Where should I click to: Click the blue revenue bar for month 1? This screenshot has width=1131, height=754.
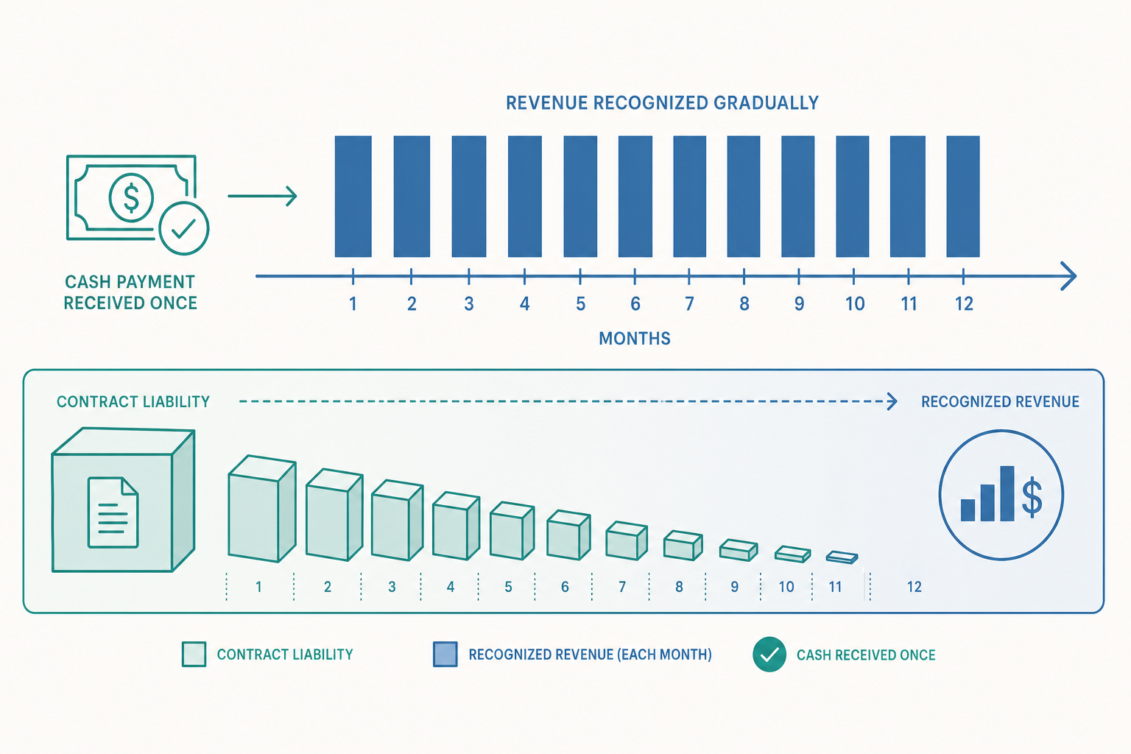[353, 197]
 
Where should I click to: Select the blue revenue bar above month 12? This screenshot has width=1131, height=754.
[963, 197]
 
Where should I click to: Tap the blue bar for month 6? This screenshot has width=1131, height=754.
[635, 197]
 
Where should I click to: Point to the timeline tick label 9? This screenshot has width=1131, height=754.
[799, 304]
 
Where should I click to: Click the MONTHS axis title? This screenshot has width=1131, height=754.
[634, 339]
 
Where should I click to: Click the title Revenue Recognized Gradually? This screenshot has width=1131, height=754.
[662, 103]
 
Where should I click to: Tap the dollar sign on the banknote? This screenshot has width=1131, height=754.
[131, 197]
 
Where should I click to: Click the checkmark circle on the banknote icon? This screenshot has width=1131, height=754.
[184, 228]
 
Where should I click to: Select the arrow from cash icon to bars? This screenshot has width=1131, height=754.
[262, 196]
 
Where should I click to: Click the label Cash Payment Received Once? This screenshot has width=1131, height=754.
[130, 292]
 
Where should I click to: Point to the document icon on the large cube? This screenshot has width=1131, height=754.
[113, 512]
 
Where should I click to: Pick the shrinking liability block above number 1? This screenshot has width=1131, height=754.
[261, 509]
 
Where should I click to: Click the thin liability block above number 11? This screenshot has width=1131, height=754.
[842, 557]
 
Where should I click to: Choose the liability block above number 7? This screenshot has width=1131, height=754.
[627, 541]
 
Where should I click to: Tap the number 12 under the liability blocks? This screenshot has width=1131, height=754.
[914, 587]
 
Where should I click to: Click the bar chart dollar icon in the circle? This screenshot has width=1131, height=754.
[1001, 494]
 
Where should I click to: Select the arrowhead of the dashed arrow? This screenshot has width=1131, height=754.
[892, 401]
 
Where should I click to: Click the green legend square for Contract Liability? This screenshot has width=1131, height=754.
[194, 655]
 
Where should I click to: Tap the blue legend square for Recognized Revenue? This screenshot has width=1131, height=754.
[445, 655]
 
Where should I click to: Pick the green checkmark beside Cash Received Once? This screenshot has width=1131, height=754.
[769, 655]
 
